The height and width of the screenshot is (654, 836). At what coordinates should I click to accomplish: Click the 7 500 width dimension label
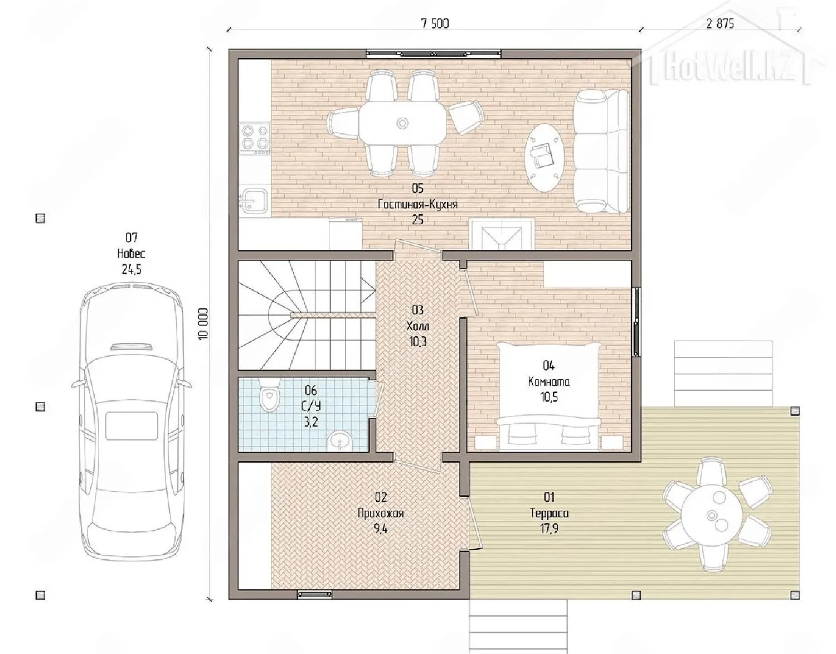pos(435,24)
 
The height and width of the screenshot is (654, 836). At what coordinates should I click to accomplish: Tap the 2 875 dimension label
pos(720,24)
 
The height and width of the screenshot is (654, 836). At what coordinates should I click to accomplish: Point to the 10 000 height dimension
pos(203,323)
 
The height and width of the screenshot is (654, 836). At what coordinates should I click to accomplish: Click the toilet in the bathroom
pos(269,394)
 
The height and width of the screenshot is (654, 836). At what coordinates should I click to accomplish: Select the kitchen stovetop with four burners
pos(254,139)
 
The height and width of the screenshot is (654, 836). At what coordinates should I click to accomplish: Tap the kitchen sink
pos(254,200)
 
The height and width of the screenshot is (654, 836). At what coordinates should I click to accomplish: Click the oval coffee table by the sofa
pos(545,157)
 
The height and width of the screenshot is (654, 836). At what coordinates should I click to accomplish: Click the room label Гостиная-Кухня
pos(417,204)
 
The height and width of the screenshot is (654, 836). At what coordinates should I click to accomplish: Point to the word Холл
pos(418,326)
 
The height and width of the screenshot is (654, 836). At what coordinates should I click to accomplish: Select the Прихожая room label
pos(381,513)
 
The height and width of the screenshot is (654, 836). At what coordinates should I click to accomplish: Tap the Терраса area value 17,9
pos(549,529)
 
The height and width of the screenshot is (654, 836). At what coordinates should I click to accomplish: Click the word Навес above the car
pos(131,254)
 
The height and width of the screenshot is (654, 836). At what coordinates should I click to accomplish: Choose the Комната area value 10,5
pos(549,398)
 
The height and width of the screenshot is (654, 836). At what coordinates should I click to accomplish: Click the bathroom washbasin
pos(339,441)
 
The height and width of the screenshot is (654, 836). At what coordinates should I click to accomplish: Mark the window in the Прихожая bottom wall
pos(314,594)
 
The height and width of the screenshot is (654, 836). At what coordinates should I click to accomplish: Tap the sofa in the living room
pos(602,151)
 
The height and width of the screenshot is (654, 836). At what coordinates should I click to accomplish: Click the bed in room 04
pos(548,396)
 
